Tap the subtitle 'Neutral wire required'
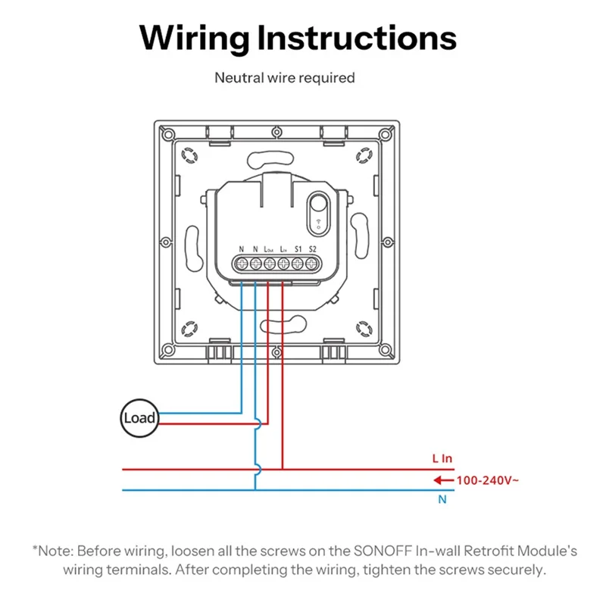(x=285, y=77)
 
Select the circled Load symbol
(x=139, y=417)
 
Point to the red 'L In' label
(x=442, y=458)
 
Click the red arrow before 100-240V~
(x=441, y=479)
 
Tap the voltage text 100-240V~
(x=486, y=479)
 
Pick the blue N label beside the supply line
(x=442, y=500)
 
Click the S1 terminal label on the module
(x=297, y=248)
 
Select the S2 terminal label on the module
(x=312, y=248)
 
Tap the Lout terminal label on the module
(x=269, y=248)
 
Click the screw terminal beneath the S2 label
(x=311, y=264)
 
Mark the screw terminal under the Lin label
(x=283, y=264)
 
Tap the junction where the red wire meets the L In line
(x=283, y=470)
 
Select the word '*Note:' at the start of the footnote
(x=52, y=551)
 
